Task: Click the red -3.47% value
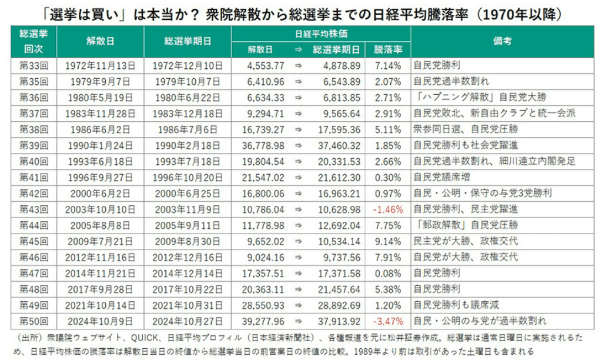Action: pyautogui.click(x=387, y=321)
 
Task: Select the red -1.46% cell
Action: pyautogui.click(x=387, y=209)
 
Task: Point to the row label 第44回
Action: pyautogui.click(x=34, y=225)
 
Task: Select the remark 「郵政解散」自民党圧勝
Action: pyautogui.click(x=465, y=225)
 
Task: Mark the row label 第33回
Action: pyautogui.click(x=34, y=65)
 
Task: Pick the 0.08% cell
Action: pyautogui.click(x=389, y=274)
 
